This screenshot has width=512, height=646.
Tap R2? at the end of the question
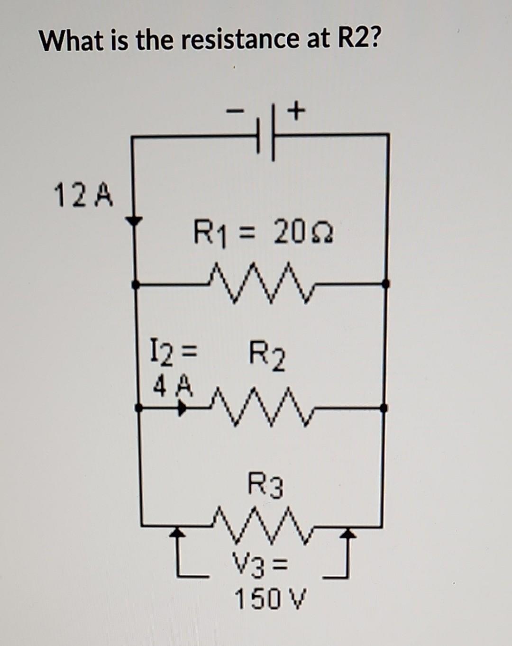(359, 40)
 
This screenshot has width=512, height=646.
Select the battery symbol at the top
(265, 136)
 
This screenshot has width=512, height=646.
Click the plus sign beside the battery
(296, 112)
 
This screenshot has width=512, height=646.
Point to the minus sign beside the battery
(234, 112)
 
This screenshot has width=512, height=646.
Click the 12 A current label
(84, 197)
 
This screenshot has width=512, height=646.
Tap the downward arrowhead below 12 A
(135, 221)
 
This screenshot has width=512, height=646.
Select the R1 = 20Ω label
(263, 233)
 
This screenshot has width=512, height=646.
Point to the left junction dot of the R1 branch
(136, 285)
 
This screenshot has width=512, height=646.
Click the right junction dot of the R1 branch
(386, 284)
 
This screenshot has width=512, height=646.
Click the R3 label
(266, 487)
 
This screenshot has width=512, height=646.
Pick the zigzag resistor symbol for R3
(263, 525)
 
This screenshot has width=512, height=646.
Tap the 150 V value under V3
(271, 600)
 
